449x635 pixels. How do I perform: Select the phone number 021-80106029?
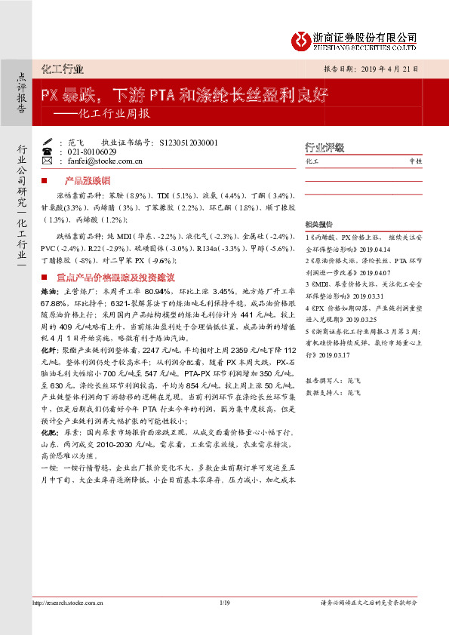click(x=89, y=152)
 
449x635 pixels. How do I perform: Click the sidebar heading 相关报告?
click(x=318, y=225)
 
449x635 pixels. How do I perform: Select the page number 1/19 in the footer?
click(x=224, y=623)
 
